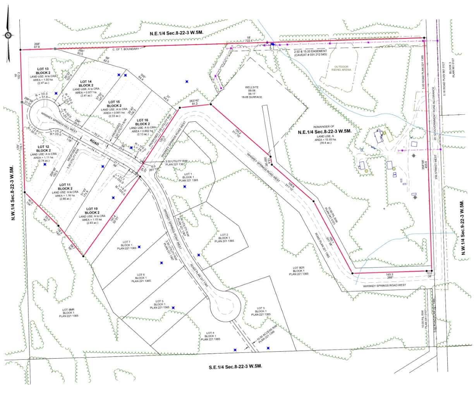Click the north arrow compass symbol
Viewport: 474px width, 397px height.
click(8, 36)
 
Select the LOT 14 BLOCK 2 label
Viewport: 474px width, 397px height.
click(86, 83)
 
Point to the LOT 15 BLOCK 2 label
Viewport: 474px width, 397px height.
click(114, 103)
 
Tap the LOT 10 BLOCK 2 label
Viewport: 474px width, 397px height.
click(92, 211)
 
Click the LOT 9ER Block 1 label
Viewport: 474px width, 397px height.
click(298, 271)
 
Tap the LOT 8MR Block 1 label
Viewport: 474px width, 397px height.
click(68, 312)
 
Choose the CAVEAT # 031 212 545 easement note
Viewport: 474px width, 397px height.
click(311, 55)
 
